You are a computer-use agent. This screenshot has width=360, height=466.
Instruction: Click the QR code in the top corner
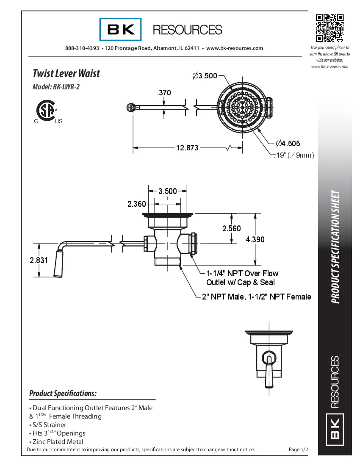(330, 28)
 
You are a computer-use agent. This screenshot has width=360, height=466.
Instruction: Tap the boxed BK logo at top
(121, 29)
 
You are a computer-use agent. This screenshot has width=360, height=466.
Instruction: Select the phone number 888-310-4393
(82, 48)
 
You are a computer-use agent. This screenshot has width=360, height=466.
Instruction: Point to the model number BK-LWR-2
(56, 87)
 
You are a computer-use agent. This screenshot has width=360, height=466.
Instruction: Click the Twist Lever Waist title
(66, 73)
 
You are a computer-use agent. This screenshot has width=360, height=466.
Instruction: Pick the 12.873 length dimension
(187, 148)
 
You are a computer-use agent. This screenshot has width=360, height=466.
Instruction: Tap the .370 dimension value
(164, 92)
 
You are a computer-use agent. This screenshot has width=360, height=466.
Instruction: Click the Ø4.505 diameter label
(288, 143)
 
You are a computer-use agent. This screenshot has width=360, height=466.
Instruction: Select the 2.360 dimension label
(137, 204)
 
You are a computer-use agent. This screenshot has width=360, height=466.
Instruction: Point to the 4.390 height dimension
(255, 239)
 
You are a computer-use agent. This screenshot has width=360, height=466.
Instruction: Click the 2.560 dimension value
(231, 228)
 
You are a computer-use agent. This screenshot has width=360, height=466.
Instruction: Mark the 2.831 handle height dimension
(39, 260)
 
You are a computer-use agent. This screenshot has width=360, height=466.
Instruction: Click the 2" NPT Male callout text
(256, 297)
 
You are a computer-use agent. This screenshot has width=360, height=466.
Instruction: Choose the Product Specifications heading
(63, 394)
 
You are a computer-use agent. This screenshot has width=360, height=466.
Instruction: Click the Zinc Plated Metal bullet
(56, 441)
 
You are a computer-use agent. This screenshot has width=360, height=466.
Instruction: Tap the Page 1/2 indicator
(298, 449)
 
